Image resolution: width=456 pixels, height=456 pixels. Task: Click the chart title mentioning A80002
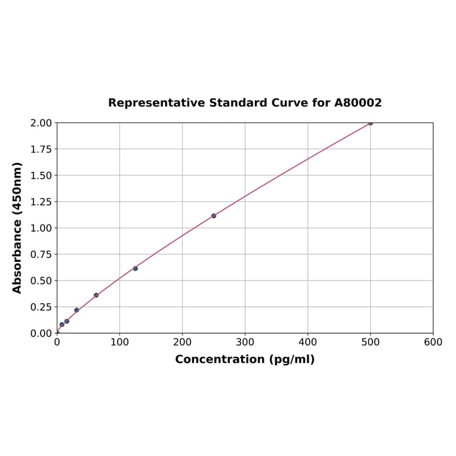click(245, 103)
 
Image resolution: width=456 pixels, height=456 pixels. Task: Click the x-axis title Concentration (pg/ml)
click(245, 359)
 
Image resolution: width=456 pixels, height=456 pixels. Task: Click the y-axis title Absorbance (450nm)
click(17, 227)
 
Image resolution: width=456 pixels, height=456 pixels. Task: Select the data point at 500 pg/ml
click(370, 123)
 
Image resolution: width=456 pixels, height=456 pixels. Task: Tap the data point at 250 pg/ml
click(214, 215)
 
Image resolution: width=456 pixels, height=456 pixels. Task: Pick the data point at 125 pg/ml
click(135, 269)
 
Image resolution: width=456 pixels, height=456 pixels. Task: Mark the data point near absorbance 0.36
click(96, 295)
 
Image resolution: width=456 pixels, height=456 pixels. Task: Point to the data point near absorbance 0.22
click(76, 310)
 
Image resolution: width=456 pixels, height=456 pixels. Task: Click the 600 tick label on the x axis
click(433, 343)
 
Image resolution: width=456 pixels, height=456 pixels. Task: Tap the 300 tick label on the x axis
click(245, 343)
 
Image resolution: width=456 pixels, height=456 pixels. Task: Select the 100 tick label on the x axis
click(119, 343)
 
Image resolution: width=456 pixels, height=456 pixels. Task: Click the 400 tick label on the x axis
click(307, 343)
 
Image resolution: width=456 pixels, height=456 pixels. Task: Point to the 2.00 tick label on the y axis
click(41, 123)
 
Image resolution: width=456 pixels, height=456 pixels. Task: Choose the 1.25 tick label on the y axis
click(41, 202)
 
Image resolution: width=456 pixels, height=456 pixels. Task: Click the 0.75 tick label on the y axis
click(41, 254)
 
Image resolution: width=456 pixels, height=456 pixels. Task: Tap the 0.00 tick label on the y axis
click(41, 333)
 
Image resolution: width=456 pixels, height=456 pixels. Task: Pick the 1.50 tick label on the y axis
click(41, 175)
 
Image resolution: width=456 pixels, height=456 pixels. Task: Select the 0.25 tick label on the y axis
click(41, 307)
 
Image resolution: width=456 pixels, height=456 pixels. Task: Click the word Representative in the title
click(156, 103)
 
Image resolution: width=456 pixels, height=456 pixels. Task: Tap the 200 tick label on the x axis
click(182, 343)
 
